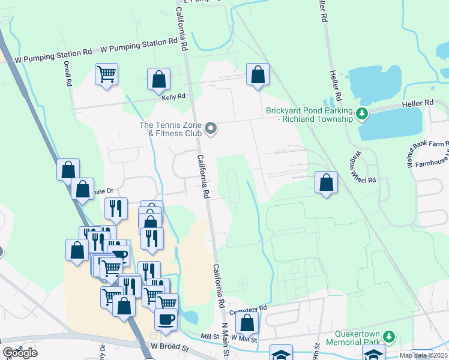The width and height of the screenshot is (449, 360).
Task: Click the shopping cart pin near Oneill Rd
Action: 106,75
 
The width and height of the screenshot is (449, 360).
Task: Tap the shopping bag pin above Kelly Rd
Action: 158,79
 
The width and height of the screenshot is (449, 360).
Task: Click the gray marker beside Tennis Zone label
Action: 211,128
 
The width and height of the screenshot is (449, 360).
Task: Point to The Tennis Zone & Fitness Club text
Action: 170,128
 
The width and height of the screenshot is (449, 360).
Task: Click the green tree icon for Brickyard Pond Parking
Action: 362,113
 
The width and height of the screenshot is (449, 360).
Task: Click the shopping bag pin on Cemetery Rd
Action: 247,323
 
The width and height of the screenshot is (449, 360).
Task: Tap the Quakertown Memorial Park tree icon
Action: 389,337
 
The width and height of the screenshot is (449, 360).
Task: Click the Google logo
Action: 20,353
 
